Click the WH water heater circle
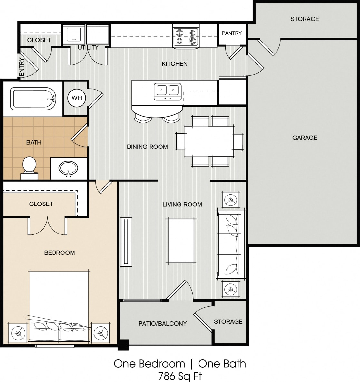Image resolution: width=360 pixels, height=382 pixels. tap(77, 98)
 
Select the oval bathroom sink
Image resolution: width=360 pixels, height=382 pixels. tap(68, 168)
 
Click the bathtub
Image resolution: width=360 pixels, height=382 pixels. tap(33, 98)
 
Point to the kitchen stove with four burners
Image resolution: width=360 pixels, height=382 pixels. tap(186, 37)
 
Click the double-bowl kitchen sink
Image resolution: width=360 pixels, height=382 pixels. tap(168, 91)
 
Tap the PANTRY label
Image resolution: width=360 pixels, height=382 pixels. tap(231, 33)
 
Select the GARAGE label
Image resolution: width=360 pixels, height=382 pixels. tap(305, 138)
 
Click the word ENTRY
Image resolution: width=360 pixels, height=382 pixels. tap(22, 67)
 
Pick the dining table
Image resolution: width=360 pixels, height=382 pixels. tap(209, 141)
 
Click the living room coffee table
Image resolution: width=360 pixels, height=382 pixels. tap(181, 241)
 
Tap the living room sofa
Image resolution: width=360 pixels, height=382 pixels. tap(230, 244)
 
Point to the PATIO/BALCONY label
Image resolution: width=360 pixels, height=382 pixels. tap(162, 324)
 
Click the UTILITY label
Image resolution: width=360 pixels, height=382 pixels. tap(88, 47)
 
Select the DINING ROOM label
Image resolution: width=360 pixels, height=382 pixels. tap(147, 147)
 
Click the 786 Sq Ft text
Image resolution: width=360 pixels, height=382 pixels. tap(180, 376)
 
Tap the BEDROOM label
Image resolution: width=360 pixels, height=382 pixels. tap(60, 253)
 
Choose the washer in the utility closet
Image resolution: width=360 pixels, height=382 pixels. tap(73, 34)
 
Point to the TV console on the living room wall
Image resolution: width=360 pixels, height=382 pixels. tap(126, 242)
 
